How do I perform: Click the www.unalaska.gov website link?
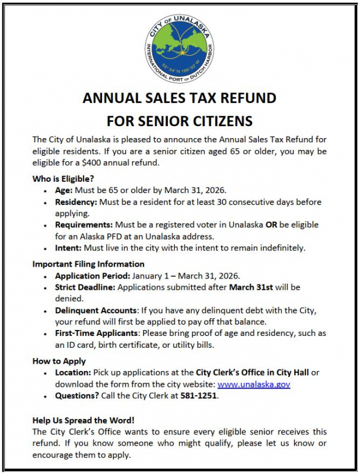coord(254,384)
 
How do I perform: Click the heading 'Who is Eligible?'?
coord(63,178)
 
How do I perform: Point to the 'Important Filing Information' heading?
coord(88,264)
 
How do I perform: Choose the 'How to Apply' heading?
coord(59,361)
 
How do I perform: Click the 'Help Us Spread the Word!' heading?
coord(84,420)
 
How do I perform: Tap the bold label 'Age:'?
coord(65,191)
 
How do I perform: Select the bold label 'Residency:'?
coord(76,202)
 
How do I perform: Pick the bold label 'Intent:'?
coord(68,248)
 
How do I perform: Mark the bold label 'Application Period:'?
coord(93,276)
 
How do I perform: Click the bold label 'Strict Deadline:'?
coord(84,287)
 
